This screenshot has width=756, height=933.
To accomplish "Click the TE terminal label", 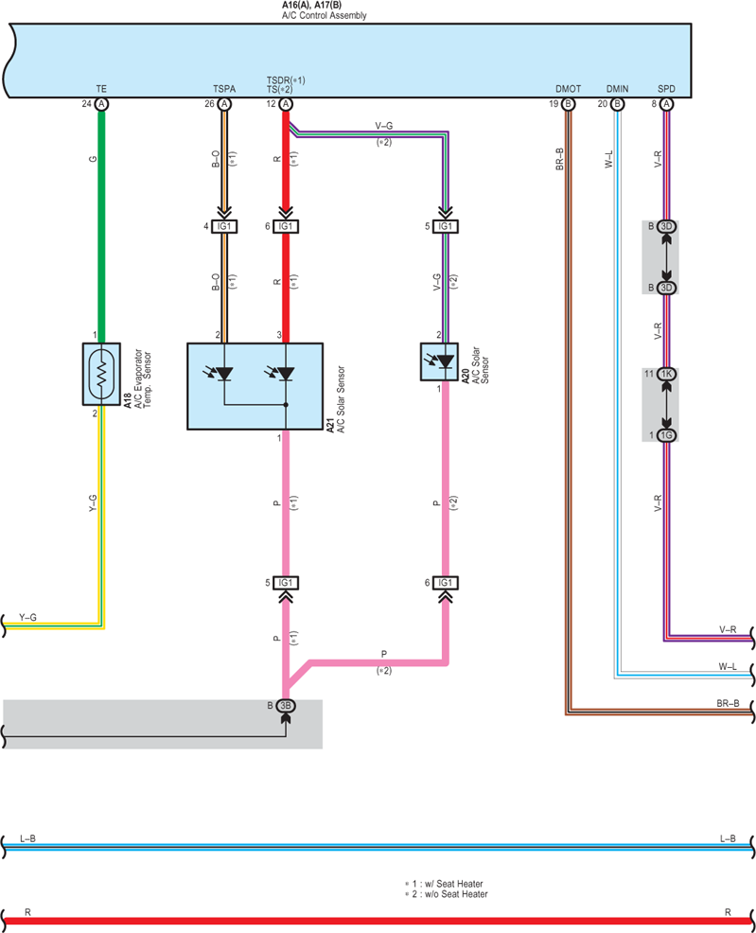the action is tap(101, 89).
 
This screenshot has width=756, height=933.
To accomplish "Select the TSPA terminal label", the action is tap(224, 89).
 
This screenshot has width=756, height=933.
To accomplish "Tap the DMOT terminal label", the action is tap(568, 89).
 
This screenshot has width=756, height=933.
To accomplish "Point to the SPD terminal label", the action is tap(666, 89).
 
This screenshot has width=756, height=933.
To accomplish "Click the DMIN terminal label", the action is tap(618, 89).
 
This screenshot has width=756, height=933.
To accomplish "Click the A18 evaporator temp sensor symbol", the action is tap(101, 375).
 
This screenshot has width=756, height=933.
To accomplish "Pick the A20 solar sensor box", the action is tap(440, 361).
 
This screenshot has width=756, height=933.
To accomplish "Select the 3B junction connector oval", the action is tap(286, 706).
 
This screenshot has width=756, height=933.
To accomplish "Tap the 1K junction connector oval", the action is tap(667, 375).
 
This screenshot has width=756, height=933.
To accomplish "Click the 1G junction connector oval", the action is tap(667, 435).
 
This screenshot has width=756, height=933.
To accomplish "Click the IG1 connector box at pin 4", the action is tap(224, 227).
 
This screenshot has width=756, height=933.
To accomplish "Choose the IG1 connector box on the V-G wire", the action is tap(446, 227).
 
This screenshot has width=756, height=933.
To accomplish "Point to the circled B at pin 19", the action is tap(568, 104).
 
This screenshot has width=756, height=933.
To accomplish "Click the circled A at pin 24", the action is tap(101, 104).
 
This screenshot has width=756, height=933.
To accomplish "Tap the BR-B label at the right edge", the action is tap(728, 703).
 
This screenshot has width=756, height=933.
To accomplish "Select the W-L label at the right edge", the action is tap(728, 666).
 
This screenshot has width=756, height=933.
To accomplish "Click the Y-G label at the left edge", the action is tap(28, 618).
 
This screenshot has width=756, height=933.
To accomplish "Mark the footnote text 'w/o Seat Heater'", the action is tap(456, 894).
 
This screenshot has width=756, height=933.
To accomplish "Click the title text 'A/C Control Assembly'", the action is tap(325, 15).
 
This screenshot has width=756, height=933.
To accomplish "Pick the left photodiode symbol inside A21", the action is tap(221, 374).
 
